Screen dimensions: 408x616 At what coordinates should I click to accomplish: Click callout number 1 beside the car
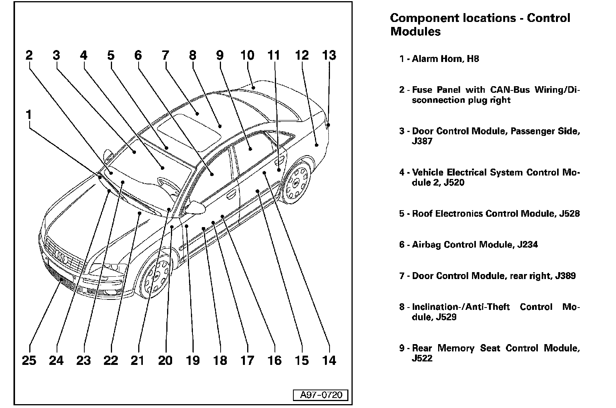click(x=28, y=115)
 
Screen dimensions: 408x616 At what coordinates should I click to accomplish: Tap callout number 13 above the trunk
click(x=329, y=55)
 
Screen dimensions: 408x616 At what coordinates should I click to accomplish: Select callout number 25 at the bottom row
click(x=29, y=360)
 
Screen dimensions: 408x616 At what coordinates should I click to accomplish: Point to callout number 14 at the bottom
click(x=329, y=360)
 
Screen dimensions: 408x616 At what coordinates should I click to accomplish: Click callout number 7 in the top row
click(x=165, y=55)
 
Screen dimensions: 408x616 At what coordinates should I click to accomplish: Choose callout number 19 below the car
click(x=192, y=360)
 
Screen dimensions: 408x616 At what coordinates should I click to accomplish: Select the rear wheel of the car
click(x=297, y=183)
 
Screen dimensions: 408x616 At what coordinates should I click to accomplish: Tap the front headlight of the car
click(x=109, y=268)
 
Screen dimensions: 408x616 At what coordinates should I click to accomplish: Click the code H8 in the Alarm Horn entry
click(x=473, y=59)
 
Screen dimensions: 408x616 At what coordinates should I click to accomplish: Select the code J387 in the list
click(x=422, y=141)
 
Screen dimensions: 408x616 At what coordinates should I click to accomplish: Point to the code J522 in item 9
click(x=422, y=358)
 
